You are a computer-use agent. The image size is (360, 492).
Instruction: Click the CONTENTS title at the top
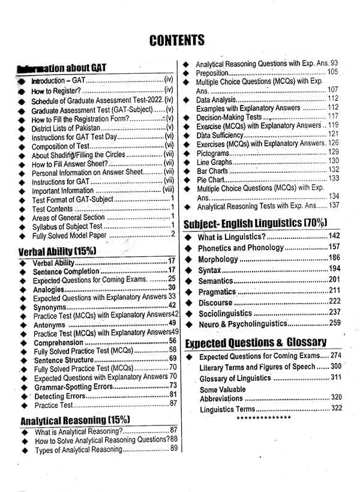(x=177, y=41)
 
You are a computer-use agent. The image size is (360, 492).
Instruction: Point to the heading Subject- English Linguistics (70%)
(x=255, y=223)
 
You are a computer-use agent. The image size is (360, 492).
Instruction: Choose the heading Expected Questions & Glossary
(x=256, y=343)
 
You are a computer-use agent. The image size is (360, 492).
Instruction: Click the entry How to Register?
(x=56, y=90)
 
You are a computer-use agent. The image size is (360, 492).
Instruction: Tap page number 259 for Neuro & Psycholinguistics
(x=335, y=324)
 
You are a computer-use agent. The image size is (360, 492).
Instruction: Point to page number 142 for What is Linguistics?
(x=335, y=236)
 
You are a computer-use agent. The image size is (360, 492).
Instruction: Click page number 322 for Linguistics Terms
(x=337, y=408)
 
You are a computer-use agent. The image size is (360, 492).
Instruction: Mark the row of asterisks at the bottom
(x=263, y=418)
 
